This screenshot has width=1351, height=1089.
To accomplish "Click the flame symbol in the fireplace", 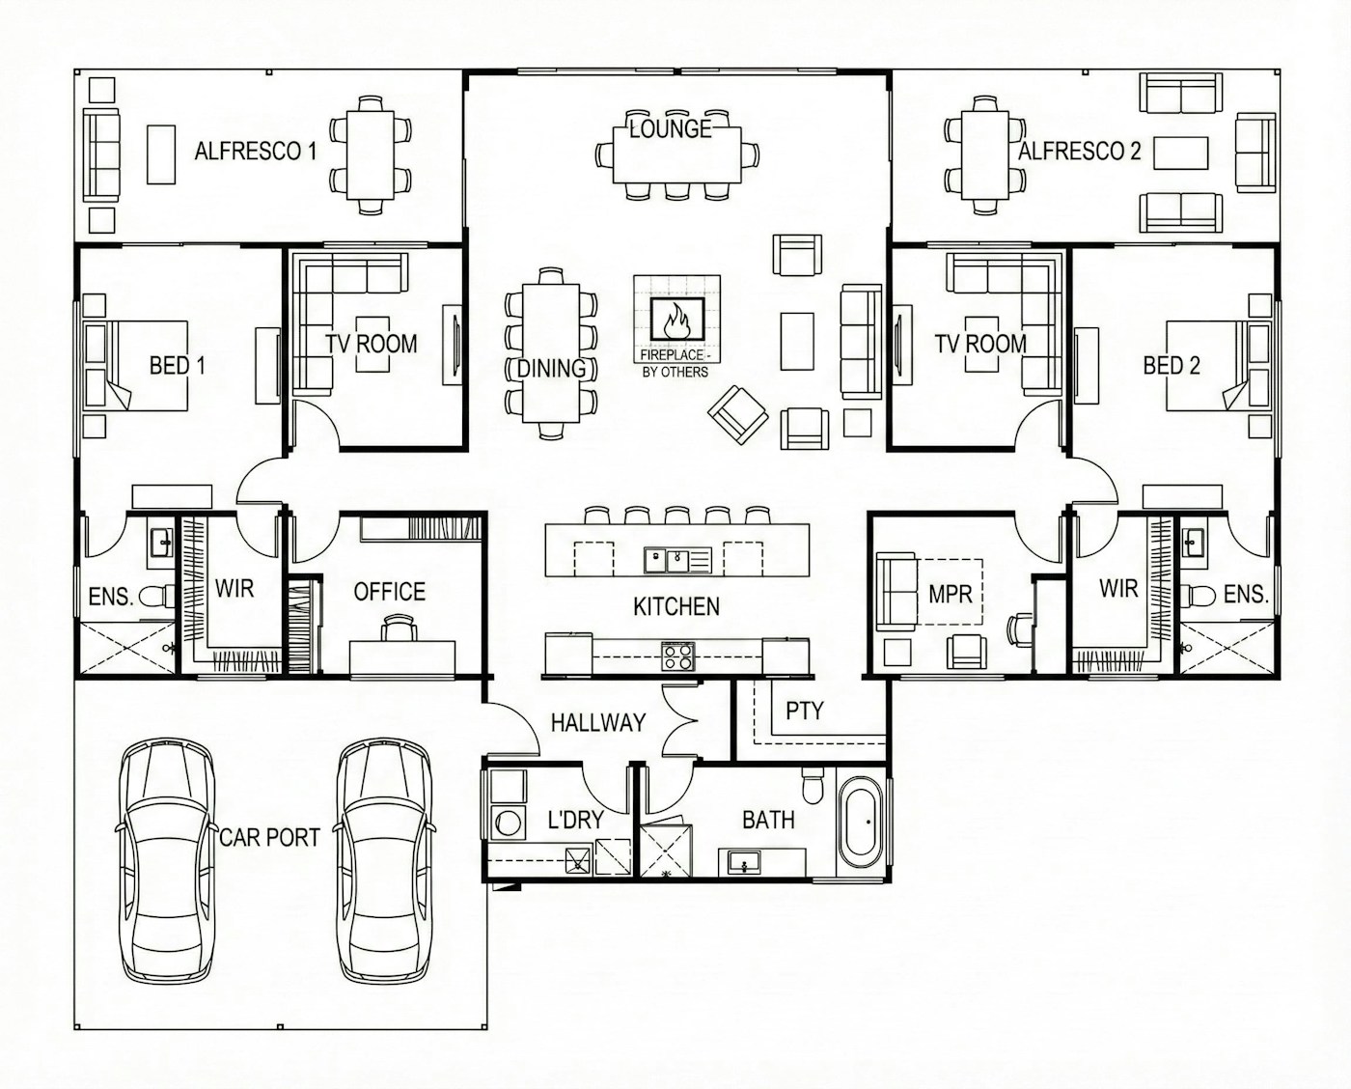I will point(676,316).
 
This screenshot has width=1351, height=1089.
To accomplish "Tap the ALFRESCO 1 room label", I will point(255,152).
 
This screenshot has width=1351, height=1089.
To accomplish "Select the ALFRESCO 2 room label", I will point(1079,152).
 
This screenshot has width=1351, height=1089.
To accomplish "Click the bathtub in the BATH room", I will point(860,823).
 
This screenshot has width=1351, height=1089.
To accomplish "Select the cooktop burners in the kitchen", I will point(677,656).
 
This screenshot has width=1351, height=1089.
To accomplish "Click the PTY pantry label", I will point(804,712).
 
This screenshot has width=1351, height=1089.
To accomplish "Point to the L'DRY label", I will point(575,820).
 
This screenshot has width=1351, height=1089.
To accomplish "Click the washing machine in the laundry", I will point(506,823).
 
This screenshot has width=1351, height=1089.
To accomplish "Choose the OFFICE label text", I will point(389,592).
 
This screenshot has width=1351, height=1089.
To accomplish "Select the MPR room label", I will point(950,594).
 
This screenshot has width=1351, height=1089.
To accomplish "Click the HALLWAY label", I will point(597,722).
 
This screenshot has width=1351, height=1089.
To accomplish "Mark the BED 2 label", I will point(1171,365).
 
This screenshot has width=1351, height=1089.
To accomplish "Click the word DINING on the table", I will point(551,368).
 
